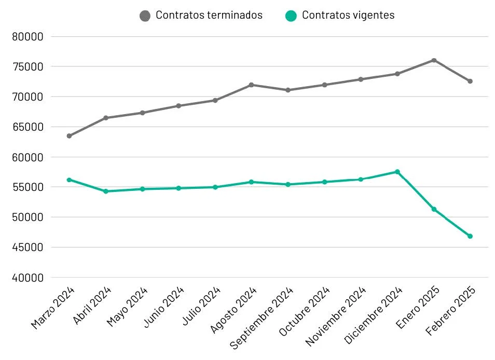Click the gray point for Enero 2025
pyautogui.click(x=434, y=60)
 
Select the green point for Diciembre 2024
pyautogui.click(x=397, y=172)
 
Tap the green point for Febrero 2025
pyautogui.click(x=470, y=236)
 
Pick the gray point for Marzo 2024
pyautogui.click(x=69, y=136)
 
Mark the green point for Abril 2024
pyautogui.click(x=106, y=191)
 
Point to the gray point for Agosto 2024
pyautogui.click(x=251, y=85)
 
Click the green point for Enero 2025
pyautogui.click(x=434, y=209)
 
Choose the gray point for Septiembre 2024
pyautogui.click(x=288, y=90)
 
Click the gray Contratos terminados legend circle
pyautogui.click(x=145, y=16)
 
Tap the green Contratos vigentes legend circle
pyautogui.click(x=291, y=16)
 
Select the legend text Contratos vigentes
pyautogui.click(x=348, y=15)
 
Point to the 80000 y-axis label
pyautogui.click(x=28, y=37)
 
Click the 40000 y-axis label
pyautogui.click(x=28, y=278)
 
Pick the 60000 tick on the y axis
pyautogui.click(x=28, y=157)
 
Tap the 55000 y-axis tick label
pyautogui.click(x=28, y=187)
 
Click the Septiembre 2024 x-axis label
pyautogui.click(x=262, y=317)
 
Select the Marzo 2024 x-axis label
pyautogui.click(x=53, y=308)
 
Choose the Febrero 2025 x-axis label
pyautogui.click(x=450, y=311)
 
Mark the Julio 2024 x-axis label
pyautogui.click(x=201, y=306)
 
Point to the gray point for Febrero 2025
pyautogui.click(x=470, y=81)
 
